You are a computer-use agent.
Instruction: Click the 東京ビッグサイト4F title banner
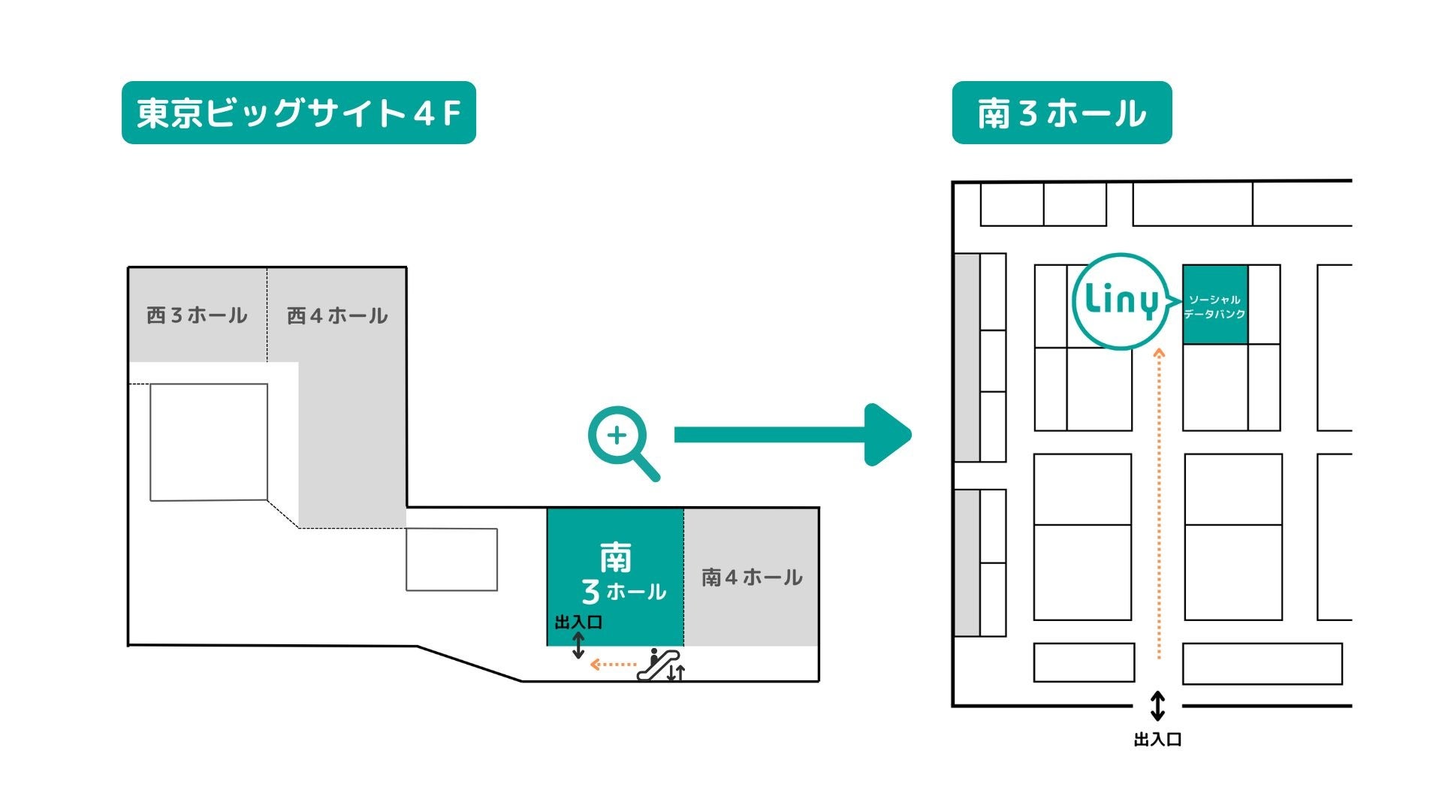(x=298, y=113)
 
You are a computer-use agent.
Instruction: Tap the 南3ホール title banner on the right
(x=1061, y=113)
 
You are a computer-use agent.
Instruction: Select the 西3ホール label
(x=197, y=315)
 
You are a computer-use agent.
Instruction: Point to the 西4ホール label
(x=337, y=315)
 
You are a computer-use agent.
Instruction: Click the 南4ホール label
(x=752, y=577)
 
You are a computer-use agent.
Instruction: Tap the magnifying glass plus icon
(x=623, y=442)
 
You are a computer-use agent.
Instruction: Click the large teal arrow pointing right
(x=792, y=435)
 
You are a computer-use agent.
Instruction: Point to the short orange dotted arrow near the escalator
(x=613, y=665)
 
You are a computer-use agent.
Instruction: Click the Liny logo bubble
(x=1121, y=301)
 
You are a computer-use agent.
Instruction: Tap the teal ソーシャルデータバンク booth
(x=1214, y=305)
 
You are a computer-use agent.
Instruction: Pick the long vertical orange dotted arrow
(x=1159, y=503)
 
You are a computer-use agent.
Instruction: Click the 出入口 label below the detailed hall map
(x=1157, y=740)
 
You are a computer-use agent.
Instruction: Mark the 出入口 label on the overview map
(x=578, y=622)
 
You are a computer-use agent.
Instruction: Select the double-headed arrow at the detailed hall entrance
(x=1157, y=707)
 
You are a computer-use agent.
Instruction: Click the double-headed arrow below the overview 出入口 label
(x=578, y=645)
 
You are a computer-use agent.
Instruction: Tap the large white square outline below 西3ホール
(x=209, y=442)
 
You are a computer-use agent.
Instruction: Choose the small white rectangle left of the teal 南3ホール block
(x=451, y=559)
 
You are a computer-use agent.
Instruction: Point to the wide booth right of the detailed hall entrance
(x=1262, y=664)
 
